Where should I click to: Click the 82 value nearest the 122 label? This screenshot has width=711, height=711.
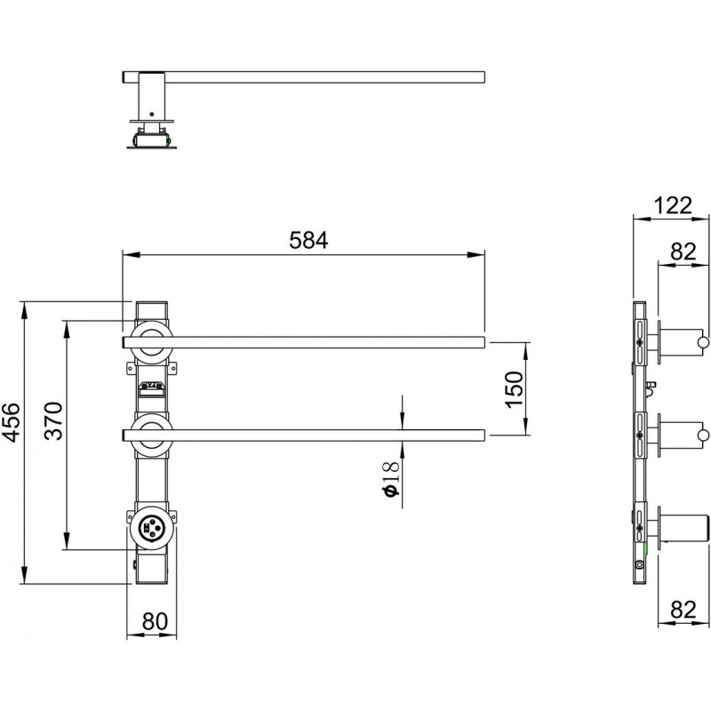pyautogui.click(x=683, y=252)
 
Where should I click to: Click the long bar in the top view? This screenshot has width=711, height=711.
pyautogui.click(x=311, y=77)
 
